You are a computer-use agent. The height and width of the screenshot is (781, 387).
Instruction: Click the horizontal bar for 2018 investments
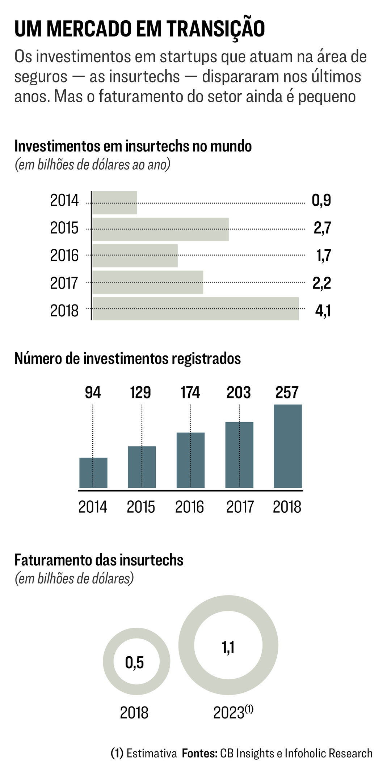195,309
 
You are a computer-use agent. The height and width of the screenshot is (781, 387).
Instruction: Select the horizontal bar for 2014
114,203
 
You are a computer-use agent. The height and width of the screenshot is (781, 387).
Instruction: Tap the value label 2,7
322,229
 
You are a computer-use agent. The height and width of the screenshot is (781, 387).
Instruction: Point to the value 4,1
323,311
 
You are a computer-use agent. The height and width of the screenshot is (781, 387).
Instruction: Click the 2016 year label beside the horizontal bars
64,256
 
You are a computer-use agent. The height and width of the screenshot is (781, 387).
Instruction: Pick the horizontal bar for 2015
160,229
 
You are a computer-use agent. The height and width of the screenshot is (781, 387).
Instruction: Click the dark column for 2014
93,473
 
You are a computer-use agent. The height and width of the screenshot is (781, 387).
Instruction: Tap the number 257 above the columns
287,393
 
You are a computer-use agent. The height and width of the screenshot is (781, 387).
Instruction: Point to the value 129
140,393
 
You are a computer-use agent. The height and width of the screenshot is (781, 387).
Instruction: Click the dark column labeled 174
190,460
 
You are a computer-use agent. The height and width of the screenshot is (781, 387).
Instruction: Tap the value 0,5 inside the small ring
135,662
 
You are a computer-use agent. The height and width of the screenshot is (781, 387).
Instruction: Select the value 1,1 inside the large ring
228,647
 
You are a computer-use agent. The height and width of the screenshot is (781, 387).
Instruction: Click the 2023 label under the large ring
229,713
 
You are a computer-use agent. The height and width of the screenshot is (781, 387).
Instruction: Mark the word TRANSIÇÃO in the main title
216,29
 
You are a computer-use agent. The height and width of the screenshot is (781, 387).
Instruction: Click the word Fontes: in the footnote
199,754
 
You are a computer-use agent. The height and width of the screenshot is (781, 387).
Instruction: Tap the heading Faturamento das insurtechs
99,560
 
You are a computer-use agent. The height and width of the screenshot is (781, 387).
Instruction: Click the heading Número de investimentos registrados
127,359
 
